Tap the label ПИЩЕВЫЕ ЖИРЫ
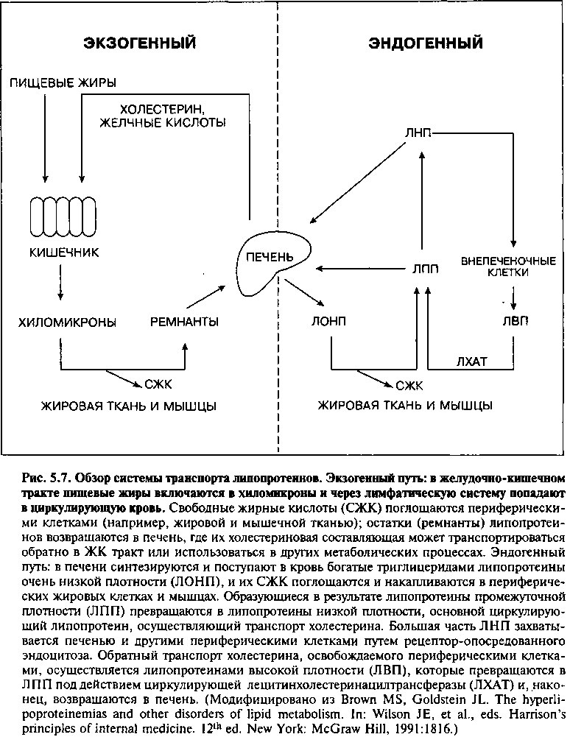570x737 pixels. click(x=63, y=83)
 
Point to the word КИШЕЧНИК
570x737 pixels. click(x=64, y=253)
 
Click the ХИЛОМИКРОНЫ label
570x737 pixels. click(x=68, y=322)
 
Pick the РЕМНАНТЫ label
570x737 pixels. click(x=184, y=322)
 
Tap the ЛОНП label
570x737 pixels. click(x=328, y=321)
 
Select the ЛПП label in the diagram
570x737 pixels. click(x=425, y=269)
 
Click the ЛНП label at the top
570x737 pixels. click(x=418, y=133)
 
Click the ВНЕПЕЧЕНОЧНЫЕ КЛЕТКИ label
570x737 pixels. click(x=508, y=267)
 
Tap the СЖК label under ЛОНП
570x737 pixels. click(x=409, y=386)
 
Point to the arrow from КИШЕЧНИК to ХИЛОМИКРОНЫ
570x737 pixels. click(x=60, y=283)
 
